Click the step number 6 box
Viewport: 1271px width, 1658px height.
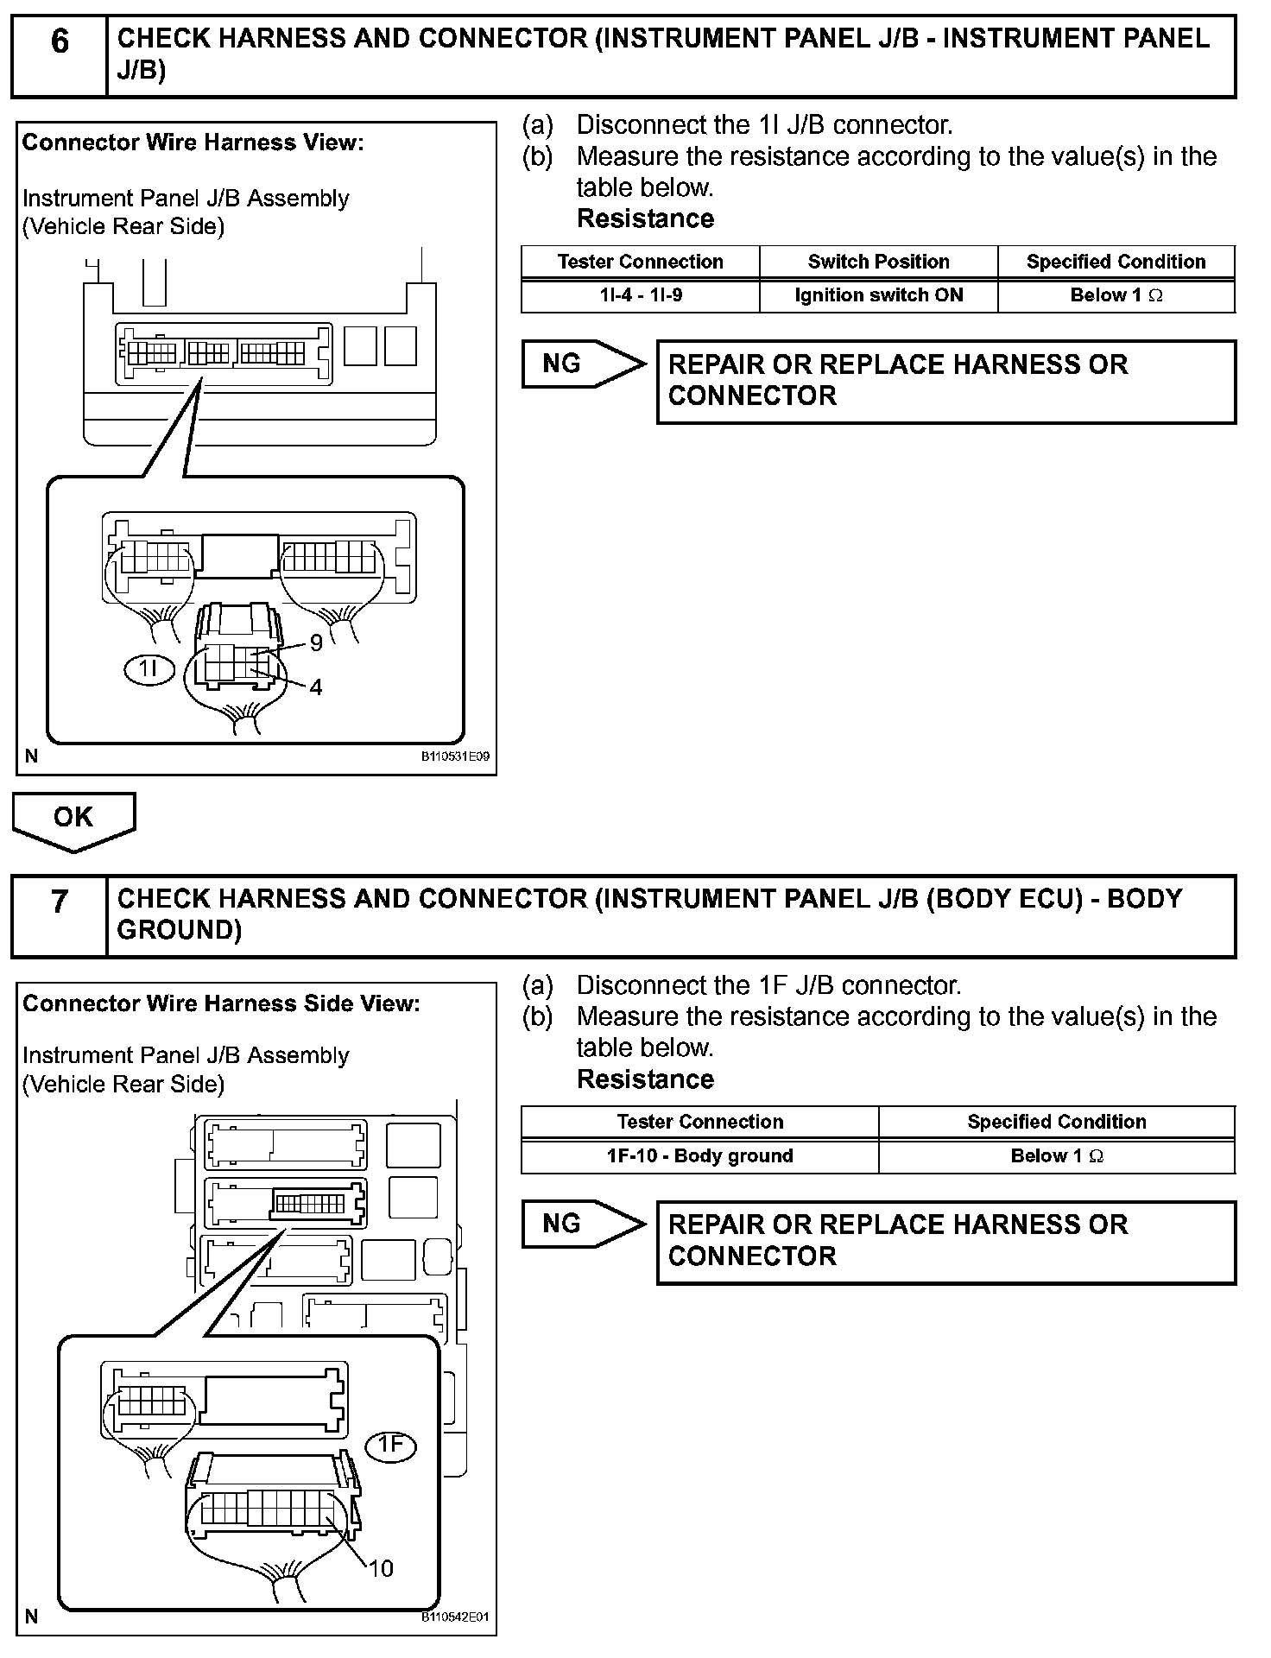tap(59, 54)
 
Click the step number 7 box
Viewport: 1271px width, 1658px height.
tap(59, 915)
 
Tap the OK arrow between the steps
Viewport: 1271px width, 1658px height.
tap(73, 819)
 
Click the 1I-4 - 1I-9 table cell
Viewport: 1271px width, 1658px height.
tap(641, 295)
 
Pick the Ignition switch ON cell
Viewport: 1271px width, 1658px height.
tap(878, 295)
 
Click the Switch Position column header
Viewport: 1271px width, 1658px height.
tap(878, 262)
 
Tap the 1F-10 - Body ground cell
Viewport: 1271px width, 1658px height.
tap(699, 1156)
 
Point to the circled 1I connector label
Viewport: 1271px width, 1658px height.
tap(150, 669)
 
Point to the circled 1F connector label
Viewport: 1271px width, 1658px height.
tap(391, 1445)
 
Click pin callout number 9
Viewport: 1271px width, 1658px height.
tap(316, 642)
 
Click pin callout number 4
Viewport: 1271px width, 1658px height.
tap(316, 687)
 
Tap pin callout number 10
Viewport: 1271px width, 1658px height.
tap(381, 1568)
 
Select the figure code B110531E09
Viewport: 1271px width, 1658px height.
tap(455, 756)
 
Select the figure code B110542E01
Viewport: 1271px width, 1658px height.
tap(455, 1617)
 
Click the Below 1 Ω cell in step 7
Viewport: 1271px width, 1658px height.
tap(1057, 1156)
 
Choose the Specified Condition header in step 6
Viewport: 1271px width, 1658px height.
tap(1116, 262)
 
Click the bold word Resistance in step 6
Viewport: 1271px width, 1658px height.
tap(645, 218)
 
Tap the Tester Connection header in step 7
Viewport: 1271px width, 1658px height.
tap(699, 1122)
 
